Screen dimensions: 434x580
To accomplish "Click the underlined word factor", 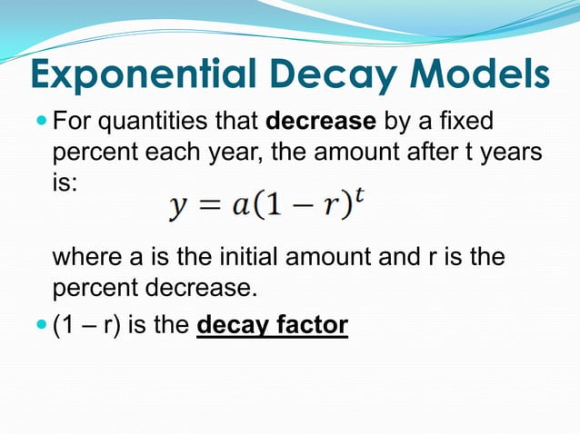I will (309, 324).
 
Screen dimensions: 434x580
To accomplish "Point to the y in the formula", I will (178, 209).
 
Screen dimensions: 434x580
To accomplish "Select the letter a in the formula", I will (240, 209).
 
